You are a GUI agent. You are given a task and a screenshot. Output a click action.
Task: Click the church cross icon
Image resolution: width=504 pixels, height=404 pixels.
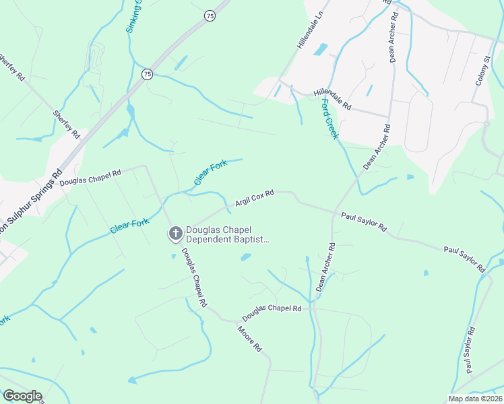click(x=175, y=234)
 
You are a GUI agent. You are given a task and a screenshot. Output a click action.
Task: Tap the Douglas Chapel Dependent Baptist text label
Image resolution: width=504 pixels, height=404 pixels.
click(x=227, y=234)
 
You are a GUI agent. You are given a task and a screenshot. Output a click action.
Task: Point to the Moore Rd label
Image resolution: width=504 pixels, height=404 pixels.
click(x=249, y=339)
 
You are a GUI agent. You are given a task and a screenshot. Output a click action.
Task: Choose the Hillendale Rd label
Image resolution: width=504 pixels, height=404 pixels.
click(x=332, y=100)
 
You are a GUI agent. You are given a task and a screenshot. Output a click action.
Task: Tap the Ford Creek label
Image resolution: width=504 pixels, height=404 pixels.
click(x=329, y=119)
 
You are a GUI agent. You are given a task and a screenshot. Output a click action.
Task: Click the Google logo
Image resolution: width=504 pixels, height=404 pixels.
click(x=22, y=396)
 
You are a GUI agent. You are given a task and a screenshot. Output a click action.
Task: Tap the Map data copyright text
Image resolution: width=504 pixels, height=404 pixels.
click(x=476, y=399)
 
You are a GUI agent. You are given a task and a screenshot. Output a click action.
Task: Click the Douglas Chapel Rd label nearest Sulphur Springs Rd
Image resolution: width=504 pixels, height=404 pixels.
click(x=90, y=177)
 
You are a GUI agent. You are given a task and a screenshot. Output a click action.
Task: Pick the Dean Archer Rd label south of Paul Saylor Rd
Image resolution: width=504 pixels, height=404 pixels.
click(x=325, y=267)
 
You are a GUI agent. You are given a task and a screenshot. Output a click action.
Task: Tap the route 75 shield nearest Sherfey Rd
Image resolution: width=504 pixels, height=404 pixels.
click(x=147, y=73)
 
